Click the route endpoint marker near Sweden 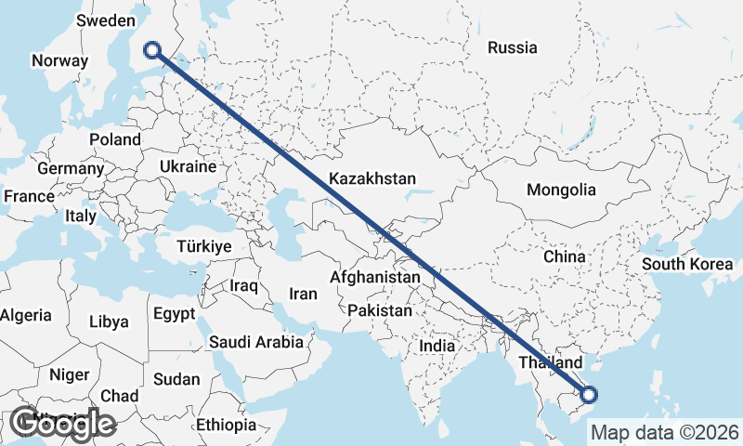(153, 50)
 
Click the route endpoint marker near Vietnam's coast (587, 395)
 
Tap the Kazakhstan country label (371, 178)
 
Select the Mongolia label (560, 190)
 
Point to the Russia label (512, 47)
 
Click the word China (564, 256)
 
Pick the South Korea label (687, 264)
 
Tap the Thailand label (550, 362)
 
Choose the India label (437, 345)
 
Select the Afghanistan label (374, 277)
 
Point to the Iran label (303, 294)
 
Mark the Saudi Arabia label (256, 342)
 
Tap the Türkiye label (204, 247)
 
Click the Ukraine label (188, 166)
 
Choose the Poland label (115, 139)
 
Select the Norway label (59, 60)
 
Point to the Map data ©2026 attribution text (665, 432)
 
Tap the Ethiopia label (226, 425)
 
